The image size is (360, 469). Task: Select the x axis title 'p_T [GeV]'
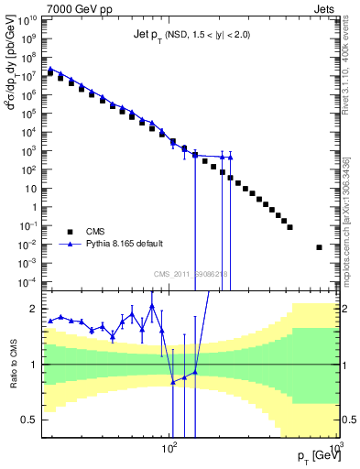pos(309,456)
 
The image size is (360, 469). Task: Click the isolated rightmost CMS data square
pos(319,247)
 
